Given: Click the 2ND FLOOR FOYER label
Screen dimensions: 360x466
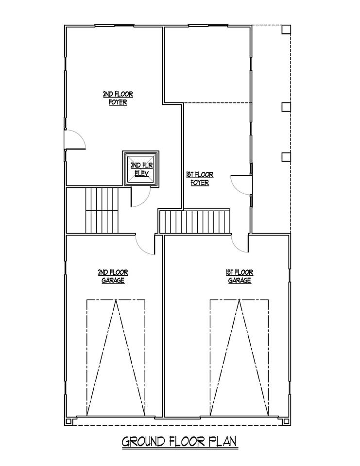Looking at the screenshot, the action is point(118,99).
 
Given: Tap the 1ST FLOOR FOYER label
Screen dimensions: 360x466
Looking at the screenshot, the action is point(200,178).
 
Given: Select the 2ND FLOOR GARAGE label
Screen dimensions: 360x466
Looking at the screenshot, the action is point(113,276).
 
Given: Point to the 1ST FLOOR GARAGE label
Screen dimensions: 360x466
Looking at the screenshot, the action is point(240,276).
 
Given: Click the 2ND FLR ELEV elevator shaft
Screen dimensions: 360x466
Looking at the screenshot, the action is point(141,169).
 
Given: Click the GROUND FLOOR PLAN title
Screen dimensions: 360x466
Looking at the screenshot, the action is point(179,441).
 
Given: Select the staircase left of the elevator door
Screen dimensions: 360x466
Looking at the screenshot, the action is point(102,210).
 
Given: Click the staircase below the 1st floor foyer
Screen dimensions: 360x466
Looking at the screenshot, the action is point(195,221).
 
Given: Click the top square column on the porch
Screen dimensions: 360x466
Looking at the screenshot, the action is point(286,30).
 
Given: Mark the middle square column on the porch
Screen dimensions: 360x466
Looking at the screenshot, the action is point(286,107).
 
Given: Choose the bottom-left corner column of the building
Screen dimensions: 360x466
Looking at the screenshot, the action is point(69,421).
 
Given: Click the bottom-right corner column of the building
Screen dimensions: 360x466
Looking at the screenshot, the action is point(286,421).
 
